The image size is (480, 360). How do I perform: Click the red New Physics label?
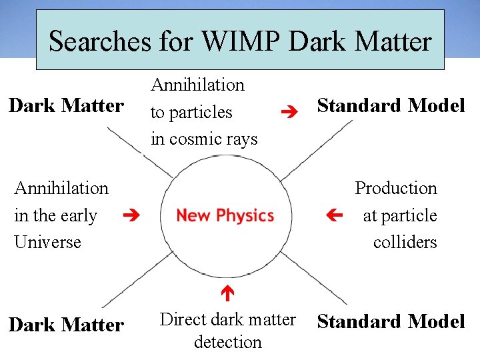point(225,215)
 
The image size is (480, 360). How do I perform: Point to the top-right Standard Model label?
point(391,105)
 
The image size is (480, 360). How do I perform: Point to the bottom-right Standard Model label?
point(391,321)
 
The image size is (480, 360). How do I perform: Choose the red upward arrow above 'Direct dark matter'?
point(226,292)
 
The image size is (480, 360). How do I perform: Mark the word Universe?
point(47,242)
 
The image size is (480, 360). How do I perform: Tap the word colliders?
point(405,242)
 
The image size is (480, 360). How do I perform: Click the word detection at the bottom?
point(227,342)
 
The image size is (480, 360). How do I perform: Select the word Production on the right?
point(395,189)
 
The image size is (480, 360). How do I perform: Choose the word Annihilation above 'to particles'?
point(198,85)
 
